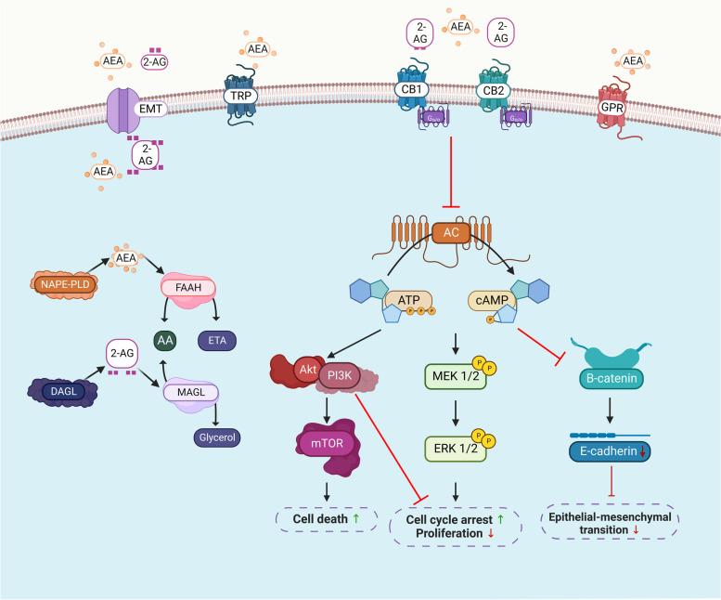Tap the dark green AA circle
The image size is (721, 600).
[x=164, y=340]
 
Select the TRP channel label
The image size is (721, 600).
[x=239, y=95]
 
